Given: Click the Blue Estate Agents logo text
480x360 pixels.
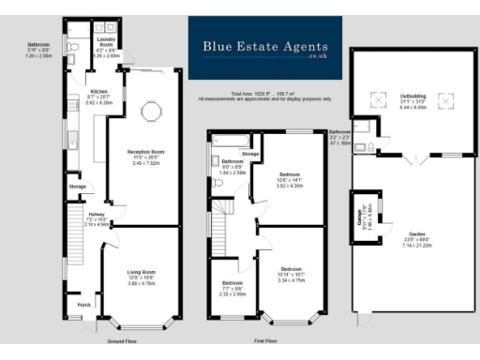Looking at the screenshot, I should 264,45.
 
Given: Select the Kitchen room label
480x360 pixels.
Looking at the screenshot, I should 100,91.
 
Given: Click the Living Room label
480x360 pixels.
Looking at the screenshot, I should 142,272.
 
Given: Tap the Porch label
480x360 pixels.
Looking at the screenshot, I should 84,305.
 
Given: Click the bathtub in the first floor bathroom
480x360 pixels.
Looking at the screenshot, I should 228,141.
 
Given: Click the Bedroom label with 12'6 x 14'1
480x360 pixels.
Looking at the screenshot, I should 292,174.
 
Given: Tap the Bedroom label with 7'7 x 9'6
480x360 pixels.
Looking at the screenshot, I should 232,282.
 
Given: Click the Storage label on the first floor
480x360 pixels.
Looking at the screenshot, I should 250,153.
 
